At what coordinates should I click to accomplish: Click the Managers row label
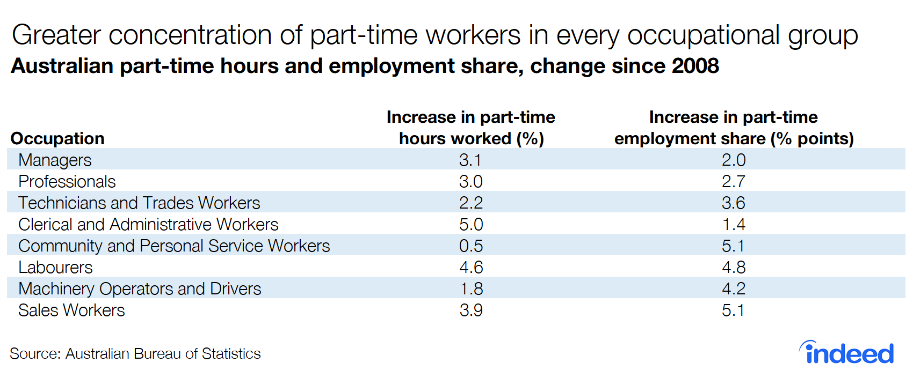click(x=55, y=160)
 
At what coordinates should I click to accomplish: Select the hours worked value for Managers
click(x=470, y=160)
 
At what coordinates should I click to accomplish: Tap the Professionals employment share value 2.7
click(x=733, y=181)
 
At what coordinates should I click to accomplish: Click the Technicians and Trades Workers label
click(x=139, y=203)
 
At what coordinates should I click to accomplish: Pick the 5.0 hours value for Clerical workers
click(x=470, y=224)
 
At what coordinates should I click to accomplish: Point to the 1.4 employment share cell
click(x=733, y=224)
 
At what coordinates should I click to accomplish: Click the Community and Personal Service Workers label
click(x=174, y=246)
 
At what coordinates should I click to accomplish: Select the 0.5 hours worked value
click(x=470, y=246)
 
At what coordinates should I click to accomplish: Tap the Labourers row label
click(x=55, y=267)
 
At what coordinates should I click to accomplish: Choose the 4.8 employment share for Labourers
click(x=733, y=267)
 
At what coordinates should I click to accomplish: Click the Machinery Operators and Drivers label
click(x=140, y=288)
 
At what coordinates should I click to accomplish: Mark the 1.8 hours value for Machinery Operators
click(x=471, y=288)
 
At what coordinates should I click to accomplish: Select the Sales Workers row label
click(x=71, y=310)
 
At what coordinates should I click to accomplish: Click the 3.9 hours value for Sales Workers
click(x=470, y=310)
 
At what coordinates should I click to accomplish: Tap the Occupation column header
click(x=57, y=138)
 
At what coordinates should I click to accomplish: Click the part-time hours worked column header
click(x=470, y=128)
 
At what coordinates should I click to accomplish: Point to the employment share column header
click(x=734, y=128)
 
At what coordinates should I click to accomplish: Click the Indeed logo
click(x=847, y=353)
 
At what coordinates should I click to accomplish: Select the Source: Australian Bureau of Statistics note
click(x=135, y=354)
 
